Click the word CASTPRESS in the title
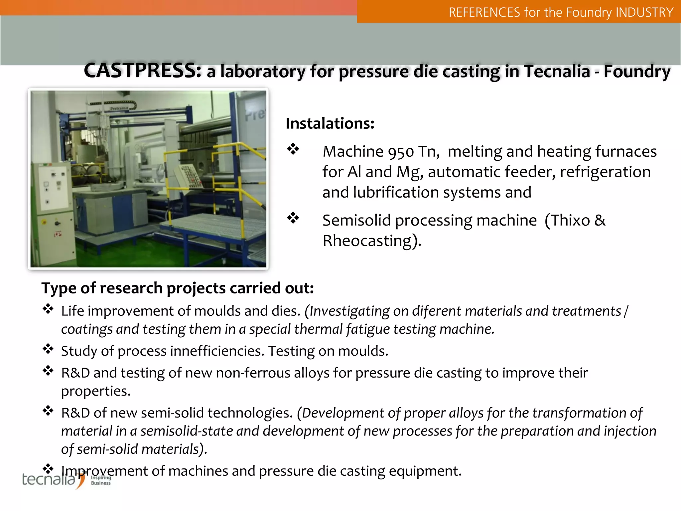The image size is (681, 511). click(142, 71)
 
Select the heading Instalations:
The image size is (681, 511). click(330, 123)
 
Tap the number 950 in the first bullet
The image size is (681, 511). click(401, 152)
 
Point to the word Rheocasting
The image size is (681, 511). click(368, 241)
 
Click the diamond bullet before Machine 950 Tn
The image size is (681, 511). click(293, 149)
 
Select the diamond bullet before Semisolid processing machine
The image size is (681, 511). click(293, 218)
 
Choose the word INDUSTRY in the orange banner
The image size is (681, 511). click(644, 12)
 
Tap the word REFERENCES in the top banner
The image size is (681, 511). click(484, 12)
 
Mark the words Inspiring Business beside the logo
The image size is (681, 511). click(101, 480)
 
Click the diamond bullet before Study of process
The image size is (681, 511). click(48, 349)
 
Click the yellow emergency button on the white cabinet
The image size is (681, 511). click(44, 222)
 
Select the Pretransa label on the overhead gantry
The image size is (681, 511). click(119, 108)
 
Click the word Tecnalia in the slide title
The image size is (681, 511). click(557, 71)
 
